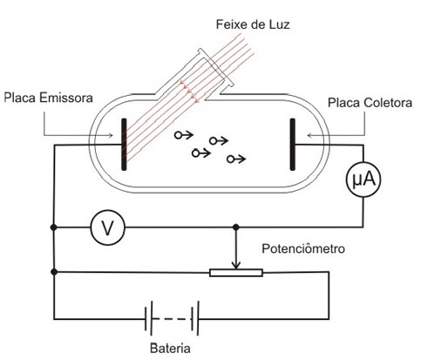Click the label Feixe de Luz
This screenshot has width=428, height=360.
253,24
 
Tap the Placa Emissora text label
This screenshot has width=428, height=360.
48,98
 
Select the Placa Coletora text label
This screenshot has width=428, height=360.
370,103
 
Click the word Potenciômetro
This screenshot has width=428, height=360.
303,248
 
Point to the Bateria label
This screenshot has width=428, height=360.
170,348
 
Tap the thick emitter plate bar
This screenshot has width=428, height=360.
124,144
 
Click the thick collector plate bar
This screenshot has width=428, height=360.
292,144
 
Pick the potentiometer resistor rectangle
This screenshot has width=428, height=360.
236,273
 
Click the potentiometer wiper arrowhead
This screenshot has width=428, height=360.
236,266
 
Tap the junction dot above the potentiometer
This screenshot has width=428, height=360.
236,227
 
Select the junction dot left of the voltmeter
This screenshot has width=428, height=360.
54,228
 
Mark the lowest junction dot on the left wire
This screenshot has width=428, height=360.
54,272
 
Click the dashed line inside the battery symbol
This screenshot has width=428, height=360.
171,319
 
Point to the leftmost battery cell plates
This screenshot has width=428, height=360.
148,319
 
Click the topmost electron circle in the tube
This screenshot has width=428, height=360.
178,135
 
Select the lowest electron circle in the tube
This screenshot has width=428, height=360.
230,160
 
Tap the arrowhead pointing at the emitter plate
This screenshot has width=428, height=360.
111,135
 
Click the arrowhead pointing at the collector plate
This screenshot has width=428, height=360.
309,135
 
